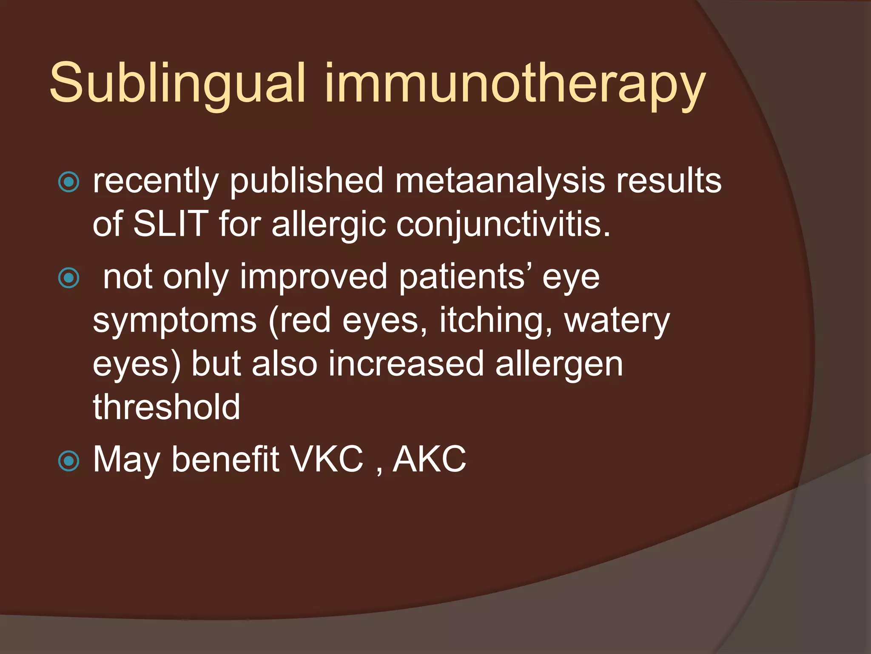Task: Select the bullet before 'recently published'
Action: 68,182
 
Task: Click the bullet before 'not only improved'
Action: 68,278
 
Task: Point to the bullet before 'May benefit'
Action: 68,461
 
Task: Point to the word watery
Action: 617,321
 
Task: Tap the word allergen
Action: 559,365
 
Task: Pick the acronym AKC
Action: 429,459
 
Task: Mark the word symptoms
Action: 175,322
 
